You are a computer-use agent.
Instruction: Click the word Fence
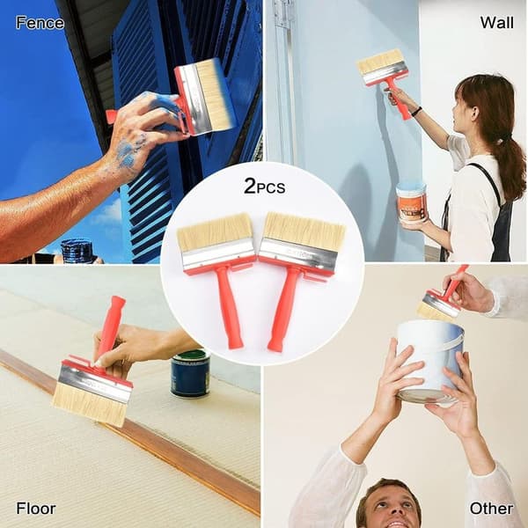[x=40, y=23]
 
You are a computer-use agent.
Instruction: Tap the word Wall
[x=496, y=23]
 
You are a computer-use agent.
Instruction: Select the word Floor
[x=36, y=508]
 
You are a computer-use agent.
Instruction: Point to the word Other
[x=491, y=508]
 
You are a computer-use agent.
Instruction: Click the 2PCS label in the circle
[x=264, y=187]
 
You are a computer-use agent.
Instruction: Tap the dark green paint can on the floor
[x=190, y=373]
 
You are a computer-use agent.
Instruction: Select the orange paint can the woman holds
[x=412, y=202]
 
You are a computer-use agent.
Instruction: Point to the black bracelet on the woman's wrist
[x=416, y=111]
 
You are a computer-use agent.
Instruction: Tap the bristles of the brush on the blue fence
[x=214, y=94]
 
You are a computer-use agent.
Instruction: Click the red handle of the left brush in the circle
[x=229, y=306]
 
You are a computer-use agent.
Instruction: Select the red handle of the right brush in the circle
[x=282, y=310]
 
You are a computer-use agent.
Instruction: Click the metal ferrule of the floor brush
[x=95, y=384]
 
